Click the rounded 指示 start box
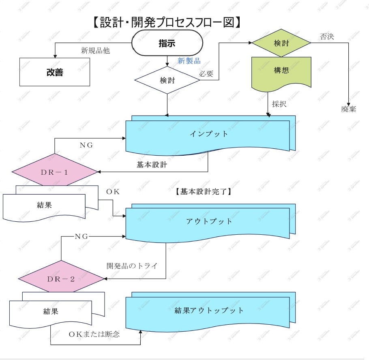(167, 43)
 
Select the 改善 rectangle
(55, 72)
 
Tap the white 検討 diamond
(167, 80)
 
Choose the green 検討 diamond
(281, 43)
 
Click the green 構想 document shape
(281, 71)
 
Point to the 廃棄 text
(348, 109)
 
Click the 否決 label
(327, 37)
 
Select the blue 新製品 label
(189, 61)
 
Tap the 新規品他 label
(96, 51)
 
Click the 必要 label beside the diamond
(206, 74)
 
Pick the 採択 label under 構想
(279, 104)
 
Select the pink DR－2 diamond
(61, 279)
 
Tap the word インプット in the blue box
(209, 134)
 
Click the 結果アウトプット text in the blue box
(209, 311)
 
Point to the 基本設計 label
(152, 165)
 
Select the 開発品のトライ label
(132, 266)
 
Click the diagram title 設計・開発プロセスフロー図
(167, 22)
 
